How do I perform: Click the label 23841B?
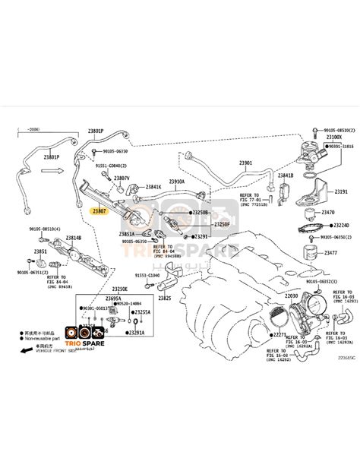click(286, 175)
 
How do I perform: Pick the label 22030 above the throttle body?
click(292, 295)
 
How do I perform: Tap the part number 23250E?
click(120, 289)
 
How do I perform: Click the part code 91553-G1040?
click(148, 275)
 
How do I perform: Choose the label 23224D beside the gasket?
click(342, 226)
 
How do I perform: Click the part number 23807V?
click(122, 178)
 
